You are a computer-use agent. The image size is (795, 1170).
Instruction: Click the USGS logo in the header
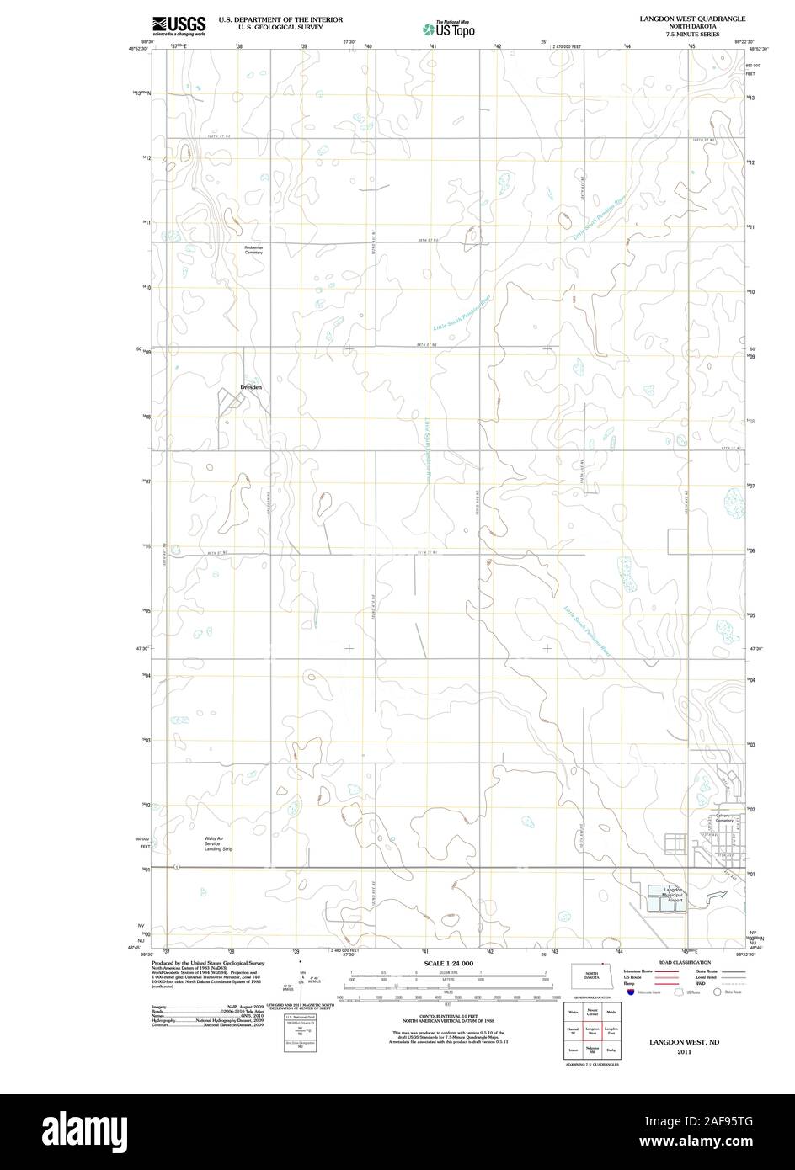pos(179,26)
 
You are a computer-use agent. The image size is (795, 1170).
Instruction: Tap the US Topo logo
pos(449,28)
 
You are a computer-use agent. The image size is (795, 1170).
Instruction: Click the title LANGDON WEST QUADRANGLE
pos(691,17)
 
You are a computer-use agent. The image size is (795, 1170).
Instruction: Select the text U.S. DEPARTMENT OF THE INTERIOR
pos(280,18)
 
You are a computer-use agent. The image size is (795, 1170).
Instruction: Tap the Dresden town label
pos(251,387)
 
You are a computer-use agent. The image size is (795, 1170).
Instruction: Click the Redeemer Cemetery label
pos(254,250)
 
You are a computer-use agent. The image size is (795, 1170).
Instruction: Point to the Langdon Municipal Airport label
pos(672,895)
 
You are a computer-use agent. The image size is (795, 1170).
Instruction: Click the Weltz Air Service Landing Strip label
pos(218,843)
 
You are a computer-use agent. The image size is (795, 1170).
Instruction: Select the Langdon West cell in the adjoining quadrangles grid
pos(593,1030)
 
